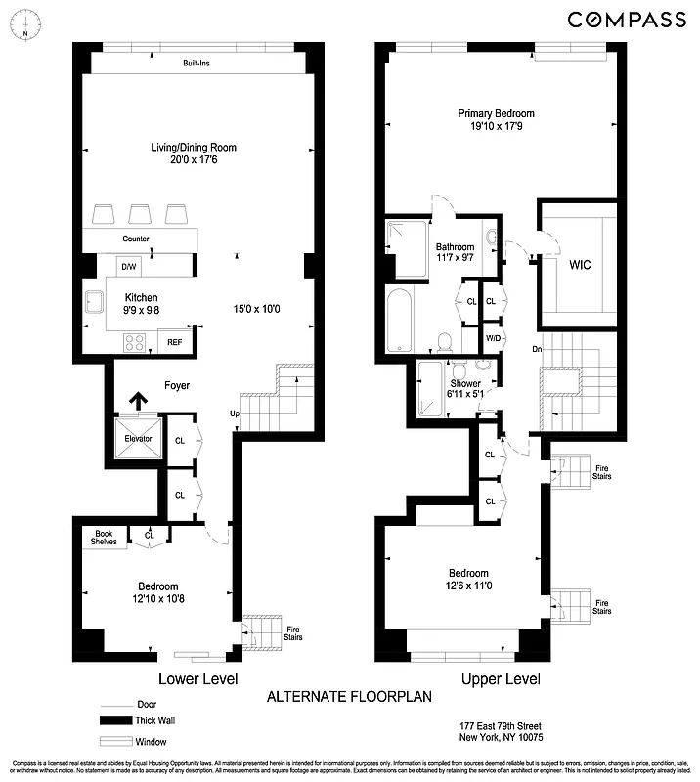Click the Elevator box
(x=138, y=438)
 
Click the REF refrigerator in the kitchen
(x=175, y=342)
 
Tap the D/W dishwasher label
(x=128, y=266)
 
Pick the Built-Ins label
(x=197, y=64)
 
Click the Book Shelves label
(x=105, y=539)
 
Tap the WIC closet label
(x=580, y=265)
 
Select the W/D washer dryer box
(x=495, y=337)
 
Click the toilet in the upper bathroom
(x=445, y=341)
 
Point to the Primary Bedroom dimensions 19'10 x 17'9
(x=497, y=125)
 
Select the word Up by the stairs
(x=235, y=413)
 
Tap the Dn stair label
(x=537, y=349)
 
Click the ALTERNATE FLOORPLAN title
(x=349, y=697)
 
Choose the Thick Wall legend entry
(x=142, y=720)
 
